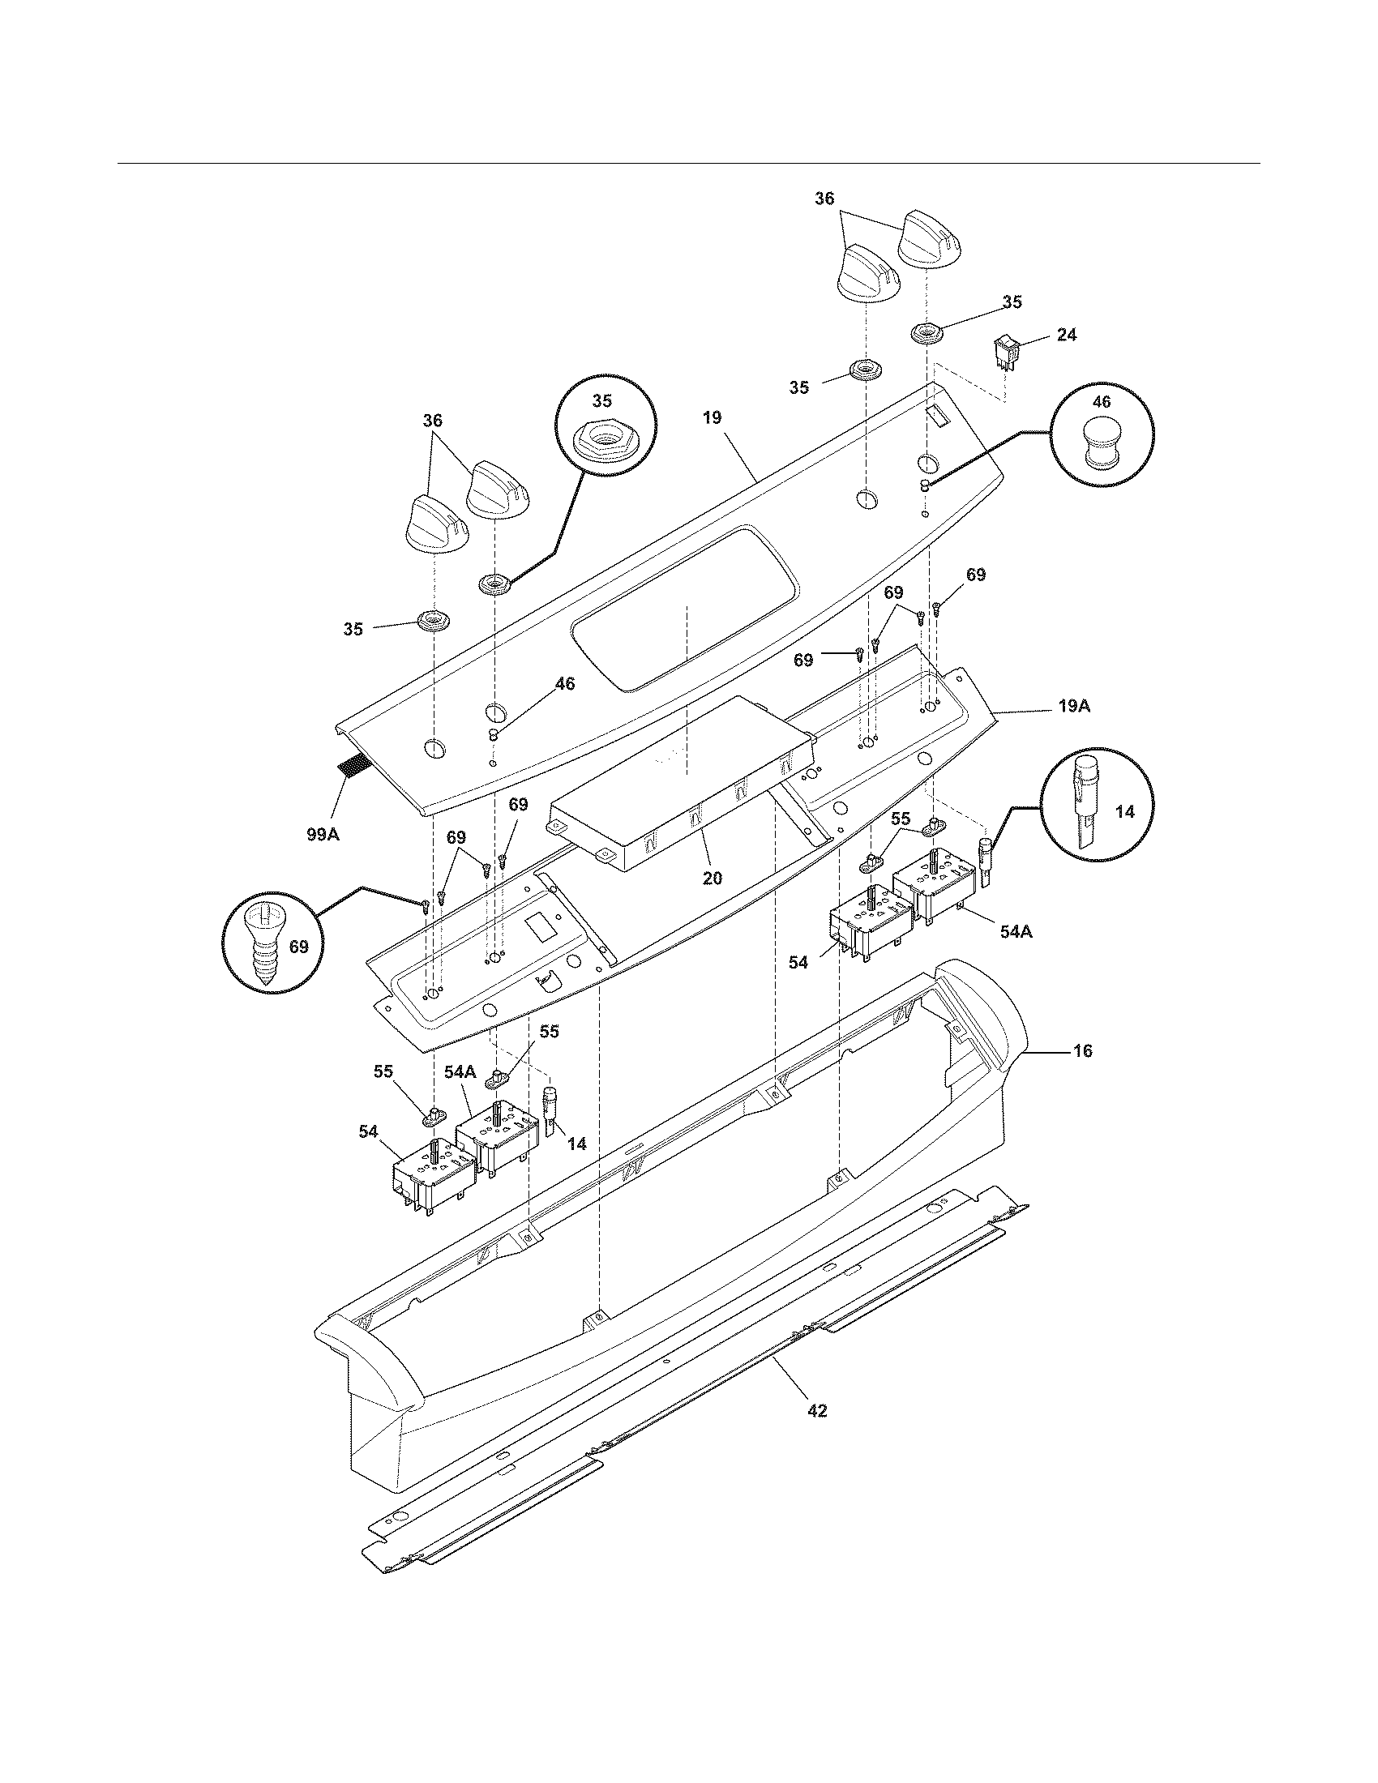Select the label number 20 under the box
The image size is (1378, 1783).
pyautogui.click(x=712, y=879)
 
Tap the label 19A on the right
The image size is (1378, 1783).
pyautogui.click(x=1074, y=706)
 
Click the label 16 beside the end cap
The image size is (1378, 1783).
pyautogui.click(x=1081, y=1050)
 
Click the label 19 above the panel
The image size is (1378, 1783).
pyautogui.click(x=712, y=418)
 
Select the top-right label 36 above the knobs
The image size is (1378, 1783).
pyautogui.click(x=824, y=199)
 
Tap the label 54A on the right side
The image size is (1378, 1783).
pyautogui.click(x=1016, y=930)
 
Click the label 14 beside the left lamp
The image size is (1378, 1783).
pyautogui.click(x=576, y=1144)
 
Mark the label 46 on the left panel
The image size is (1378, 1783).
pyautogui.click(x=565, y=684)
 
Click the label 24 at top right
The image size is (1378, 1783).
pyautogui.click(x=1066, y=335)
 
